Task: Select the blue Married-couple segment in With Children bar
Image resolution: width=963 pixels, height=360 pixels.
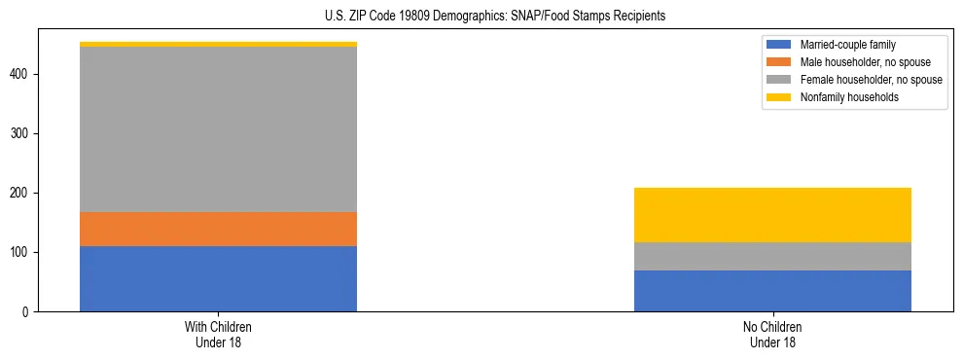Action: (218, 279)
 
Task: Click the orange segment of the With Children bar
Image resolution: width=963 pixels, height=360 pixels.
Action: (218, 229)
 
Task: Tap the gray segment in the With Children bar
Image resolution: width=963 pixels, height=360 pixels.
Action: (218, 129)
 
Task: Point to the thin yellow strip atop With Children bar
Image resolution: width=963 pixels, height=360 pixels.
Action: (218, 44)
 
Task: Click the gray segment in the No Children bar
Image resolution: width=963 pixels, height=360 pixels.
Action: (772, 256)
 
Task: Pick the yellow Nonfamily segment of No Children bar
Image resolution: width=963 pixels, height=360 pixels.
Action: (772, 215)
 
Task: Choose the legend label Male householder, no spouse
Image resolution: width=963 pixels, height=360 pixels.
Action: (858, 62)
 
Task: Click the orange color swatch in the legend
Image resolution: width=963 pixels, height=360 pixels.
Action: (779, 62)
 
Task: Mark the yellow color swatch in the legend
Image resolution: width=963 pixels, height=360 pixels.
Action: (779, 97)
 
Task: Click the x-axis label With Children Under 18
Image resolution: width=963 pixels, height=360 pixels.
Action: (218, 334)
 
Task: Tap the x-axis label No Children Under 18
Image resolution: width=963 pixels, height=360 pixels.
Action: (772, 334)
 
